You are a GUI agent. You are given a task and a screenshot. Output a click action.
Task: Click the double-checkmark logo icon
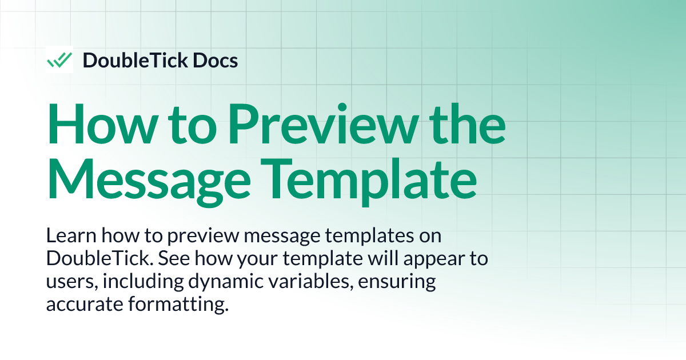tap(59, 59)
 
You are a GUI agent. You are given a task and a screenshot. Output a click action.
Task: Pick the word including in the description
tap(130, 282)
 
